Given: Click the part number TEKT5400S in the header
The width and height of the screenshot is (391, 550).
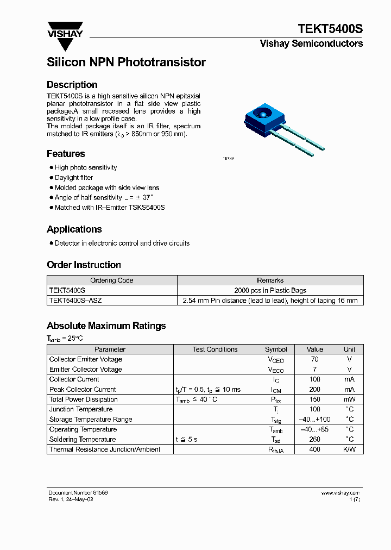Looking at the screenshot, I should (330, 29).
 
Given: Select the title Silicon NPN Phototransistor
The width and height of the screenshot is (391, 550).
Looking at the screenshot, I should (126, 62).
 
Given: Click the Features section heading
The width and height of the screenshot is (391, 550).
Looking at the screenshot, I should (66, 154).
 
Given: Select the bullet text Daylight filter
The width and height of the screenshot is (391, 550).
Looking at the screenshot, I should (74, 178).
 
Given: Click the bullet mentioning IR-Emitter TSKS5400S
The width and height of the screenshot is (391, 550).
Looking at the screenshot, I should (110, 208).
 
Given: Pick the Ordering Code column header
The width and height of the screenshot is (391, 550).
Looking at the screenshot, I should (111, 280).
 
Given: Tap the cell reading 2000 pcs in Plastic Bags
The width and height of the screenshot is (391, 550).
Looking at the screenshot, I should (270, 291).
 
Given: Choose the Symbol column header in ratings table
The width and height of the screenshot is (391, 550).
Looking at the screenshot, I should (276, 349).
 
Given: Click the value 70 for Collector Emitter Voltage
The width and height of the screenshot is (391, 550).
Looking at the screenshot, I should (314, 359).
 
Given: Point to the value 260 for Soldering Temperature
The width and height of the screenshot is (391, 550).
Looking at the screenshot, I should (314, 439).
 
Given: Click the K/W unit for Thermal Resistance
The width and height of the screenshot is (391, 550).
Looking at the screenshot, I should (349, 449).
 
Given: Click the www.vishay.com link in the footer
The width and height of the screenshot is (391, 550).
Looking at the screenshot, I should (340, 492).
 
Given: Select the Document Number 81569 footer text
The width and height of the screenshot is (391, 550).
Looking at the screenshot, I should (78, 492).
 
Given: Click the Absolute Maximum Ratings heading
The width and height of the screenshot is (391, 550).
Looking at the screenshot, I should (106, 326).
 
